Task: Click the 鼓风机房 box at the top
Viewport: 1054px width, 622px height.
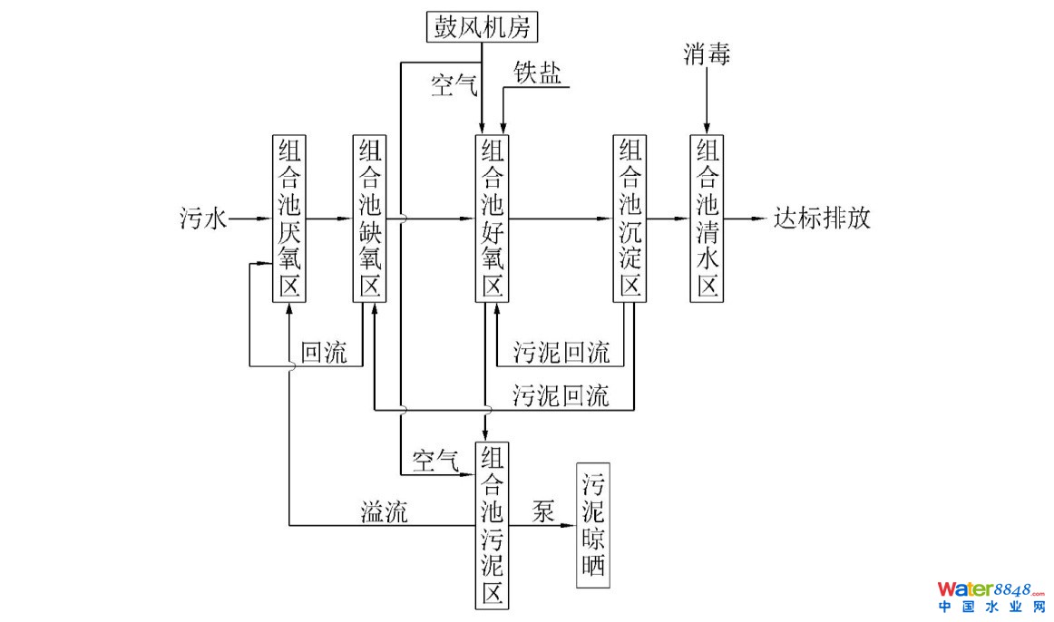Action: pos(483,24)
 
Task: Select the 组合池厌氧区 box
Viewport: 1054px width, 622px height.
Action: pos(289,219)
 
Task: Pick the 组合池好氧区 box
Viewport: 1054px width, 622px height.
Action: pos(491,219)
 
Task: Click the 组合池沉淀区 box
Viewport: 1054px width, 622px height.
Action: pos(629,219)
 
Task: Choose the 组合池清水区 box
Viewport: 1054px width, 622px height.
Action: pos(707,219)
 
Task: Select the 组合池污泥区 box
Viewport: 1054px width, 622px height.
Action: pos(491,526)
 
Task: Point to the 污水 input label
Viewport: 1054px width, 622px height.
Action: pos(202,219)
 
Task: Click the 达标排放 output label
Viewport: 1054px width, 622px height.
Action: pos(822,219)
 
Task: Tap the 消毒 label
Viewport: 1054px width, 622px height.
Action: pos(707,56)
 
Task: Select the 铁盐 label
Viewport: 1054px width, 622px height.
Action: pos(537,74)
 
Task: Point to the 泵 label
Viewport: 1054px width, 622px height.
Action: pos(543,510)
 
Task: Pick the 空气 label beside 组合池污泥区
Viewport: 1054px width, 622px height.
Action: pos(435,460)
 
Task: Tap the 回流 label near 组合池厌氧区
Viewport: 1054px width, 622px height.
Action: pos(324,354)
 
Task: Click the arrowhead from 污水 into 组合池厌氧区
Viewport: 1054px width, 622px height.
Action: pos(265,219)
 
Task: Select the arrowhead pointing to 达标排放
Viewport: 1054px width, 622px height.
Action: pos(761,219)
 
